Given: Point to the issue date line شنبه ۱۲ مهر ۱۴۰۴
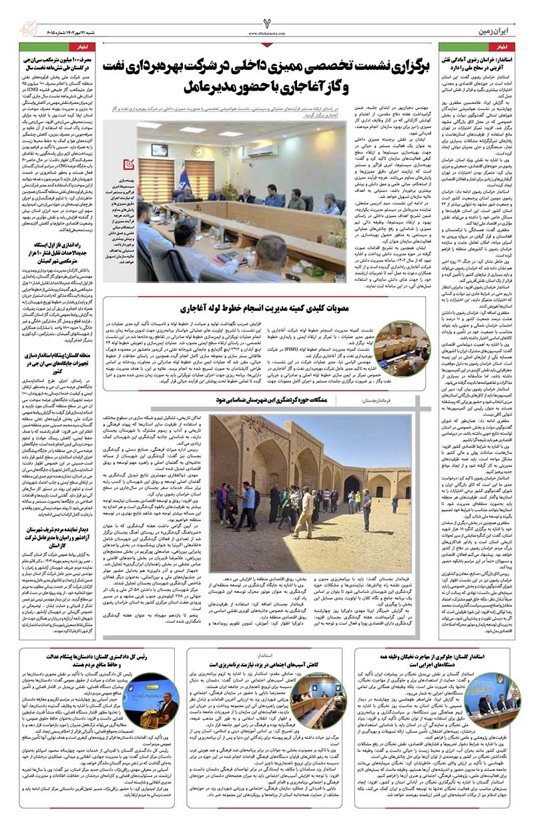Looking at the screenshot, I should [60, 31].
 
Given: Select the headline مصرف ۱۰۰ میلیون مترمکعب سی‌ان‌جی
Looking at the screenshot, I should [55, 61].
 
